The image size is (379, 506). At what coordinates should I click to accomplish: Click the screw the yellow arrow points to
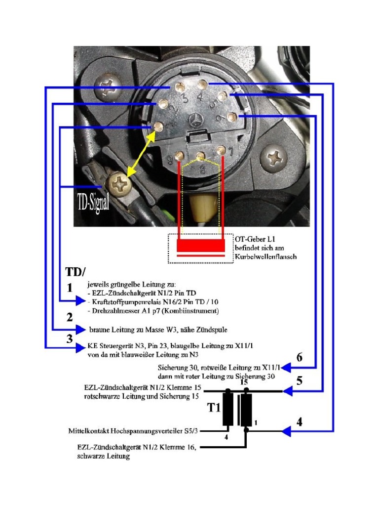pyautogui.click(x=120, y=186)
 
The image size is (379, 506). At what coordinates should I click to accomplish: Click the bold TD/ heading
pyautogui.click(x=76, y=272)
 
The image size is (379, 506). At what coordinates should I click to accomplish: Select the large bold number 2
pyautogui.click(x=70, y=318)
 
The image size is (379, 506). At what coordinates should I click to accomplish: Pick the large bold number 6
pyautogui.click(x=299, y=357)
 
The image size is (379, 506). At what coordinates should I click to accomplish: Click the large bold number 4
pyautogui.click(x=299, y=422)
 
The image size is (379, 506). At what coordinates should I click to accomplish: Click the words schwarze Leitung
pyautogui.click(x=104, y=457)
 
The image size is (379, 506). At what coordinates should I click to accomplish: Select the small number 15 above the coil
pyautogui.click(x=243, y=382)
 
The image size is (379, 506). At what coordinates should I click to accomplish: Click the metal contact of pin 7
pyautogui.click(x=222, y=150)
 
